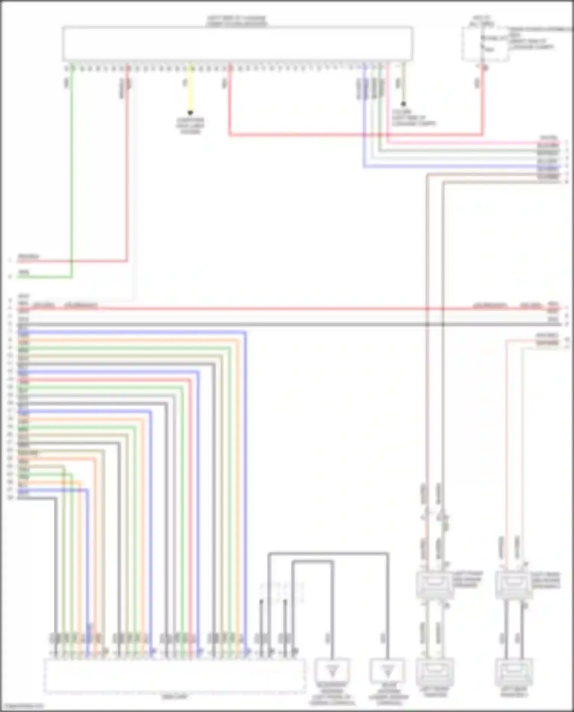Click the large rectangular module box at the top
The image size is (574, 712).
237,43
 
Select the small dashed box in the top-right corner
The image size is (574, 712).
485,44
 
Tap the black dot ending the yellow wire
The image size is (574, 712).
190,113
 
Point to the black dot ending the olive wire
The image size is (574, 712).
403,104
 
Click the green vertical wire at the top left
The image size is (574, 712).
72,172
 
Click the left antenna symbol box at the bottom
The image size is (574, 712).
332,670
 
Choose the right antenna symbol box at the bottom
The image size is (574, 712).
388,670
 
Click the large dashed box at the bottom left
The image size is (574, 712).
174,675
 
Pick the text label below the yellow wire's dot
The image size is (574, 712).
190,126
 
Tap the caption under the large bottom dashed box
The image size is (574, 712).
174,697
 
